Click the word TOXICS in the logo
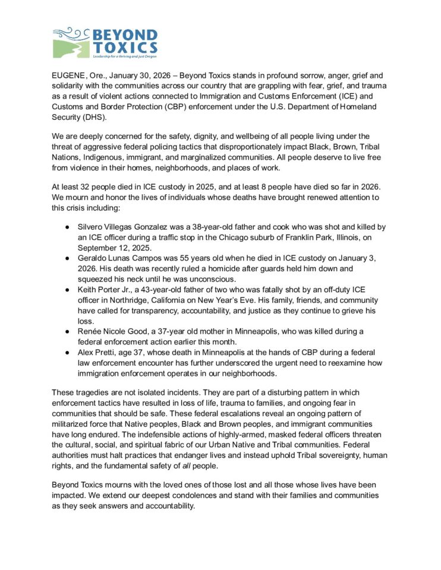coord(124,47)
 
